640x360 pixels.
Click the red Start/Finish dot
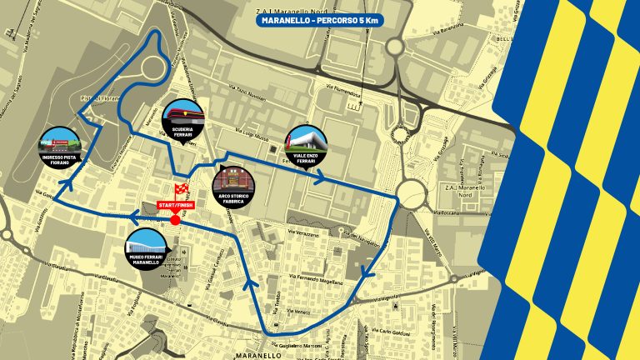(x=175, y=220)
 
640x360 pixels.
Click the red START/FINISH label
(x=175, y=205)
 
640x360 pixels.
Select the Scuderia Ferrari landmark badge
(x=181, y=117)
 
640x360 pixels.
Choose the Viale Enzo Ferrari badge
(x=307, y=144)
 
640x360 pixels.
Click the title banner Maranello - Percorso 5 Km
(x=319, y=19)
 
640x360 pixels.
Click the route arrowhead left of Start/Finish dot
(x=132, y=218)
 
